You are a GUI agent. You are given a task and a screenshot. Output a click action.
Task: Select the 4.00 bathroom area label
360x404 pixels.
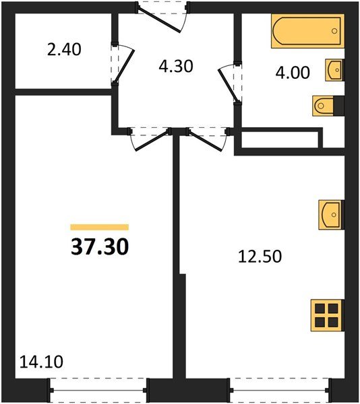click(x=293, y=72)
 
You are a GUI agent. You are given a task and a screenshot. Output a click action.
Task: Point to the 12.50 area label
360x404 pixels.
click(x=258, y=256)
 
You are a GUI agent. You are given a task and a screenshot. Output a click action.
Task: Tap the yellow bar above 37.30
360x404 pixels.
click(x=99, y=228)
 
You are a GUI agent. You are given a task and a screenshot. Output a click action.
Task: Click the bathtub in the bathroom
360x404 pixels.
click(x=307, y=32)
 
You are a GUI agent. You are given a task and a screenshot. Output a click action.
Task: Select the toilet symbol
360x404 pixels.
click(x=327, y=105)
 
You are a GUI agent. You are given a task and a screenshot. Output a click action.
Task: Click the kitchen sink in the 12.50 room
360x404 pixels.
click(x=331, y=215)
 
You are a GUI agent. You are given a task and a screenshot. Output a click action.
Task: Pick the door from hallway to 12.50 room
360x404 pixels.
click(x=206, y=138)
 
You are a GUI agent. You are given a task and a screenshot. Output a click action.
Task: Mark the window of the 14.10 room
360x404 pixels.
click(x=98, y=390)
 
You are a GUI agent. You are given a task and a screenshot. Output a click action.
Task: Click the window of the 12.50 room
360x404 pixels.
click(x=279, y=390)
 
